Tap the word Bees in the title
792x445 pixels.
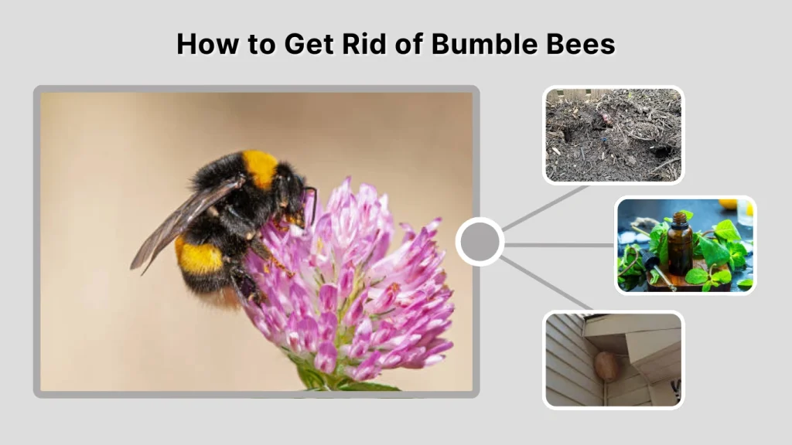coord(579,43)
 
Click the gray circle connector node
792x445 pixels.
coord(480,242)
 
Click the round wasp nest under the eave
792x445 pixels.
coord(607,366)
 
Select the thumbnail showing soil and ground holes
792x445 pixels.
coord(613,134)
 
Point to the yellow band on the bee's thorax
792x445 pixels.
coord(261,168)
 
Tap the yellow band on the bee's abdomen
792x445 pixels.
coord(200,256)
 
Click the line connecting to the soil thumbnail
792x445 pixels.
coord(545,207)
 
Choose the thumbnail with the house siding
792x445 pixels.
coord(613,359)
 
